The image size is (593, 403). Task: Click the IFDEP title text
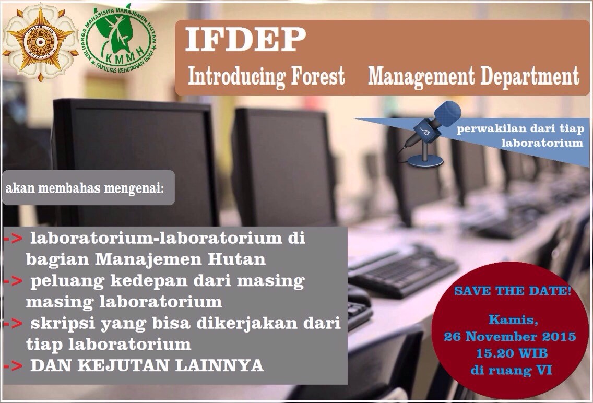pos(245,39)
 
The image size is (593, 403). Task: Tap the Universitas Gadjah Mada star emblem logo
pos(41,42)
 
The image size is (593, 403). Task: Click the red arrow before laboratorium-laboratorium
pos(13,239)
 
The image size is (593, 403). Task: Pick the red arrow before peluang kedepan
pos(13,281)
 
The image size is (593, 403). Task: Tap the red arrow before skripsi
pos(13,324)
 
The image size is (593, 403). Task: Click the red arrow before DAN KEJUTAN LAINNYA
pos(13,366)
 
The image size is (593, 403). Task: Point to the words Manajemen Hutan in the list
pos(180,259)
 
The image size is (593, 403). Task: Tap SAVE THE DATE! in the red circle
pos(513,291)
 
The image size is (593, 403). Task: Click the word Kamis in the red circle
pos(513,321)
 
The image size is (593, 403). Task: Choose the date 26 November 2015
pos(510,337)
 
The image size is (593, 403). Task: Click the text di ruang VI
pos(512,370)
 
